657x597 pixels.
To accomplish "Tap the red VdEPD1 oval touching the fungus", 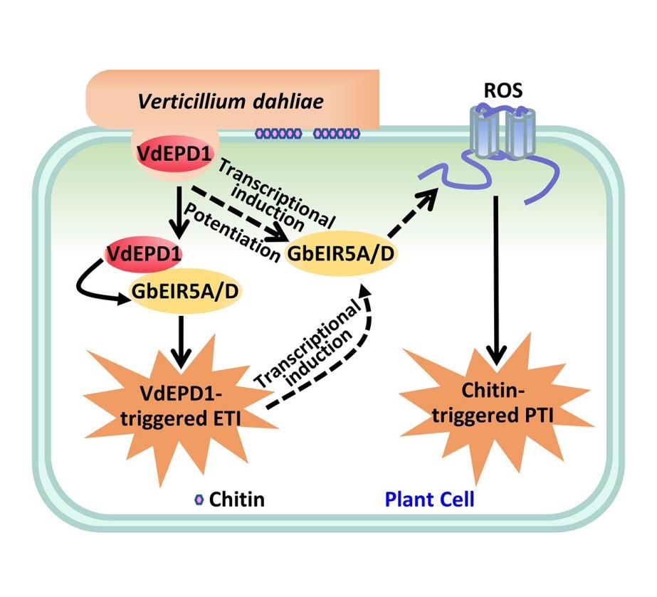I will (169, 152).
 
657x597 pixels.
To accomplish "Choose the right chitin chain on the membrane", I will (337, 133).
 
